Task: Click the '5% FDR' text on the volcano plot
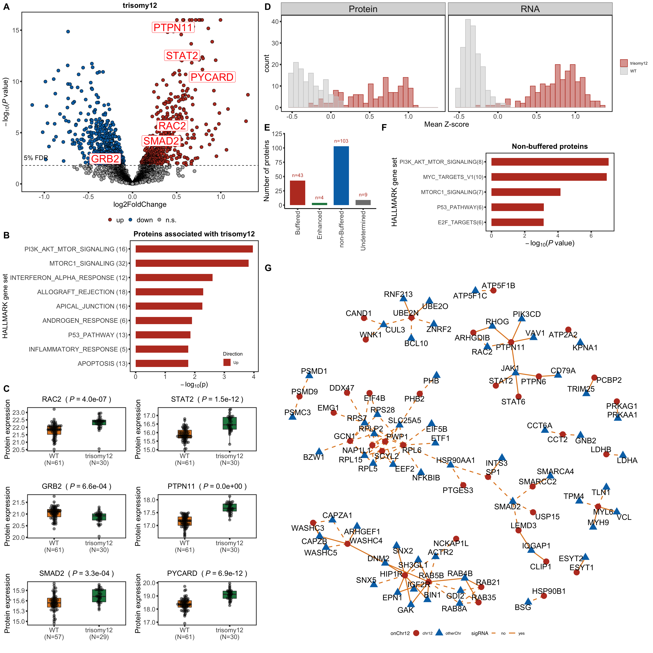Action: [x=36, y=158]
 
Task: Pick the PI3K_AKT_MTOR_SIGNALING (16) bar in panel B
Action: [x=194, y=249]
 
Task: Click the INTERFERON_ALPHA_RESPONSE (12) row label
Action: [x=69, y=278]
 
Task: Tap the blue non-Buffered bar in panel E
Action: [x=341, y=176]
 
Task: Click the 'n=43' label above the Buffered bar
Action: [x=297, y=175]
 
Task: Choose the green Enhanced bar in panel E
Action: [x=319, y=204]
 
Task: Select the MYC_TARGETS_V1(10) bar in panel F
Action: [x=549, y=177]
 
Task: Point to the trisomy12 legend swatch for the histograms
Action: [x=624, y=63]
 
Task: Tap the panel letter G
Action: [x=268, y=268]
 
